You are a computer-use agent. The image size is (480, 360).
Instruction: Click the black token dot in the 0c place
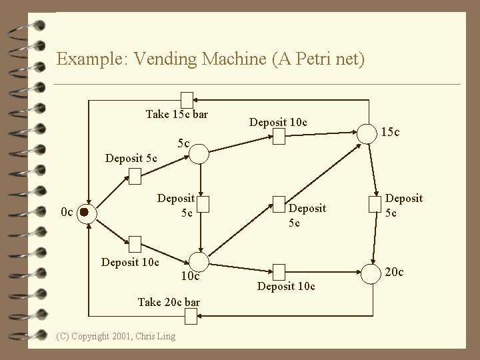point(84,212)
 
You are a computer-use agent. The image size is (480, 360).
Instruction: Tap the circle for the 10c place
point(199,262)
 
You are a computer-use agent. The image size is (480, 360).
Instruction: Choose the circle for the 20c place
point(367,272)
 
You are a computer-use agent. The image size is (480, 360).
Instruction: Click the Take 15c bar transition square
point(187,98)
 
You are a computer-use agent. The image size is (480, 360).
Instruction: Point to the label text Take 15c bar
point(177,115)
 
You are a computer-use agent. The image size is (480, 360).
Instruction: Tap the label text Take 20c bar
point(169,302)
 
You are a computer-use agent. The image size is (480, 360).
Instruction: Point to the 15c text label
point(390,133)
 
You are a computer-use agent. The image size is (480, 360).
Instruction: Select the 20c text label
point(393,272)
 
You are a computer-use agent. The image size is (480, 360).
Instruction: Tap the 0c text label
point(66,213)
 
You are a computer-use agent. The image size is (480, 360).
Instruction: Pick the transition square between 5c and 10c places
point(199,202)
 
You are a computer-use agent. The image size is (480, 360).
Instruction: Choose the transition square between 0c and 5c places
point(135,176)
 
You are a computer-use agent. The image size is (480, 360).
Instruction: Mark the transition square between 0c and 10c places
point(135,243)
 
